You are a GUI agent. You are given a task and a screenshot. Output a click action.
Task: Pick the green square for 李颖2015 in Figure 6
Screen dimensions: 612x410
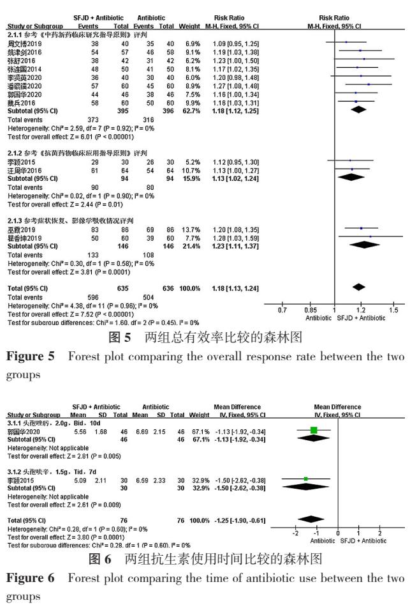pyautogui.click(x=306, y=478)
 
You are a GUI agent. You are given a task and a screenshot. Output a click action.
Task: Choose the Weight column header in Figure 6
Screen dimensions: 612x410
pyautogui.click(x=200, y=416)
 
